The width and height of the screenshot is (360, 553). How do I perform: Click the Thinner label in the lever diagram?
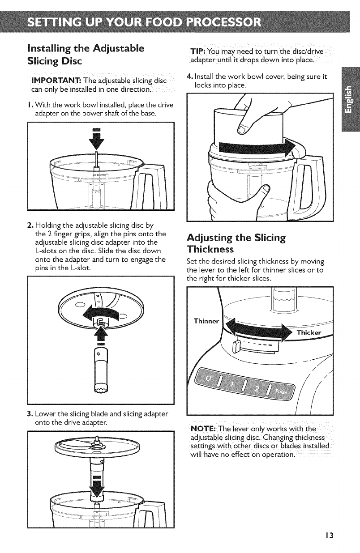pos(206,321)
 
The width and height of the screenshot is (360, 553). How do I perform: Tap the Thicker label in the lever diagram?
pos(309,332)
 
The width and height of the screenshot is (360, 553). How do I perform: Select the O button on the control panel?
pos(208,379)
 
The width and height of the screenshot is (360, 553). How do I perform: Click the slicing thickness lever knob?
pos(236,347)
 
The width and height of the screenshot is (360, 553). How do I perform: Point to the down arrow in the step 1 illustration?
pos(97,139)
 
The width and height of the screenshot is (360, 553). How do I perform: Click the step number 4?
pos(189,77)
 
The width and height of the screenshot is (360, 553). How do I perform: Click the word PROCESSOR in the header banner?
pos(223,22)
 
